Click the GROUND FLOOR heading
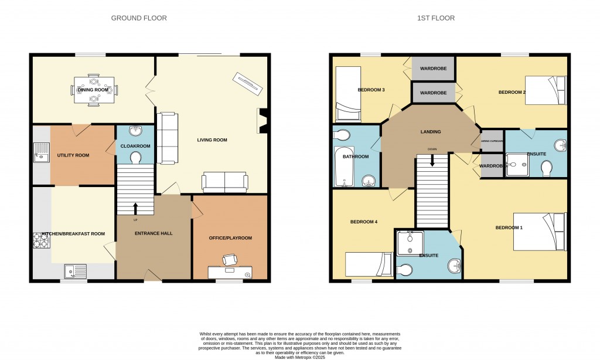click(139, 18)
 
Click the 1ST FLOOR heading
click(435, 18)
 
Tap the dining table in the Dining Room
click(94, 90)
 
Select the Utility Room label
click(73, 155)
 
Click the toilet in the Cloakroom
click(135, 157)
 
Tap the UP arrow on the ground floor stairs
click(135, 208)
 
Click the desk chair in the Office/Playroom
click(230, 259)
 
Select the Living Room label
click(212, 140)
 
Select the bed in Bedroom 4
click(368, 264)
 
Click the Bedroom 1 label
click(509, 227)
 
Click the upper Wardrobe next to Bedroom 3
click(434, 68)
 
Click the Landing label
click(431, 132)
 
